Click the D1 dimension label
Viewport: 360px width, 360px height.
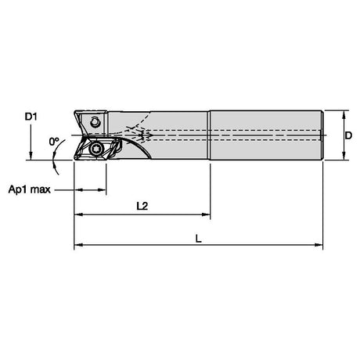31,117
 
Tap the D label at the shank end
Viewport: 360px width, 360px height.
348,135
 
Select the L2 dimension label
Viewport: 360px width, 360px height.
142,206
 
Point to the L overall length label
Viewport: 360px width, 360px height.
199,239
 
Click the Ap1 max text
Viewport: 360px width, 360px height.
30,189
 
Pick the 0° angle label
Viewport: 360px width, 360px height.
54,142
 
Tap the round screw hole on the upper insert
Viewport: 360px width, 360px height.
95,122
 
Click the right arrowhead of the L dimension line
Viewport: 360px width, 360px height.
319,245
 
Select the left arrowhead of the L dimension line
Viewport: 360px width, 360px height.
78,245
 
